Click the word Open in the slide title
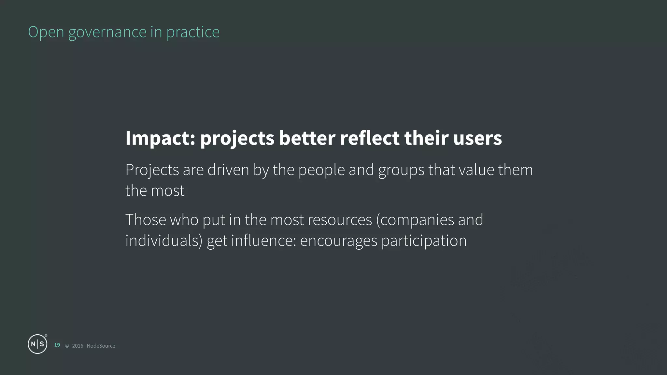[46, 32]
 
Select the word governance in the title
[107, 32]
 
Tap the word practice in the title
[193, 32]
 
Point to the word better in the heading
[307, 138]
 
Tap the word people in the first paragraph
[321, 170]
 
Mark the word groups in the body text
[401, 170]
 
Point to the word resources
[340, 220]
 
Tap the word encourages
[338, 241]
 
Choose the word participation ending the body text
[424, 241]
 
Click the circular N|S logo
[37, 344]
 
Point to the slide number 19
[57, 345]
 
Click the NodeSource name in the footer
[101, 346]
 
